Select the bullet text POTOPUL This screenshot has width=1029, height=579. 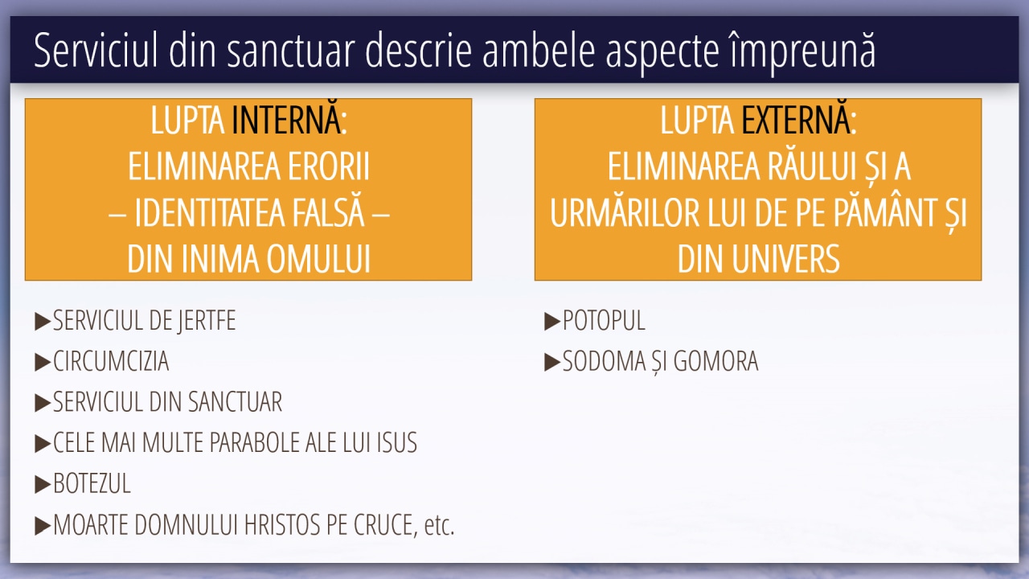(x=604, y=320)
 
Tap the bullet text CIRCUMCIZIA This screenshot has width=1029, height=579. (x=111, y=361)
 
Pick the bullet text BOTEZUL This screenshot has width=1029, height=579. (x=92, y=483)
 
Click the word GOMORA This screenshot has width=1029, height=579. (x=715, y=361)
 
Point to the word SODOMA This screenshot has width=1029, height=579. (x=604, y=361)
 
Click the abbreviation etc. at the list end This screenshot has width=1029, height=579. (x=439, y=525)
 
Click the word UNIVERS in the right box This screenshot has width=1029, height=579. (x=785, y=259)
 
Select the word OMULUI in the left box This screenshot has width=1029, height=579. (x=318, y=259)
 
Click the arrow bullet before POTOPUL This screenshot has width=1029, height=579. (x=552, y=321)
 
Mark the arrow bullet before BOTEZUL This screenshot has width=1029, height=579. (x=43, y=484)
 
